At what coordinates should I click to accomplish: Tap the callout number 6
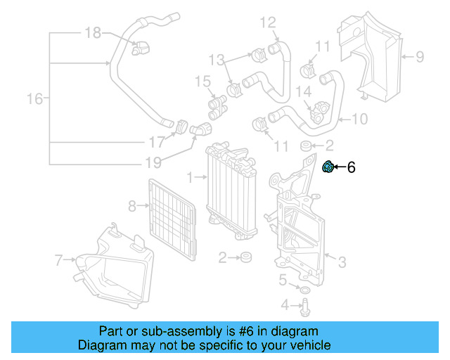pos(352,167)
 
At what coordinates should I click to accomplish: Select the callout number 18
pos(94,32)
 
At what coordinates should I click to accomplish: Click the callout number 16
pos(34,99)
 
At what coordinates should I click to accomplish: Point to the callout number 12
pos(268,23)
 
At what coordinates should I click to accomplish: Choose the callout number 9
pos(419,56)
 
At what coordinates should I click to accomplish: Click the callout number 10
pos(359,119)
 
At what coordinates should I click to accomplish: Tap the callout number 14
pos(303,91)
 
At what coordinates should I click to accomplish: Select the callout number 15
pos(202,82)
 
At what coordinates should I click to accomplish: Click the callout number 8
pos(131,206)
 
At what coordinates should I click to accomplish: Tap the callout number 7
pos(59,261)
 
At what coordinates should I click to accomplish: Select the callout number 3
pos(342,263)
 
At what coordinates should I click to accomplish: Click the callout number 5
pos(282,280)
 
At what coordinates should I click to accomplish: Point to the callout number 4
pos(285,304)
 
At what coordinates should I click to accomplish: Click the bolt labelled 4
pos(306,305)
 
